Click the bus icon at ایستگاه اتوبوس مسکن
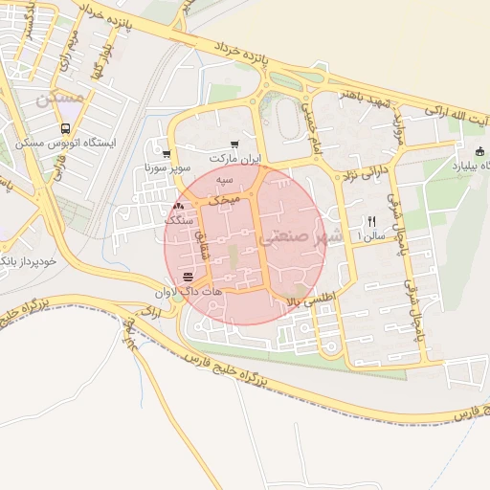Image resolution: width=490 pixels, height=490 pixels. click(64, 128)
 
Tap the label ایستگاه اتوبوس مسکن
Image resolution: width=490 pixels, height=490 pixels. click(65, 144)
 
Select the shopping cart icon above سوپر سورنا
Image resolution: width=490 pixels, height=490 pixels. click(167, 154)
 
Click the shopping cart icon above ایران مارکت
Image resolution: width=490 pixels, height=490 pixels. click(234, 144)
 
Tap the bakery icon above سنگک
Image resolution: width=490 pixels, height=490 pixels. click(180, 207)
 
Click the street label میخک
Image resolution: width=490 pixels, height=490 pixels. click(224, 195)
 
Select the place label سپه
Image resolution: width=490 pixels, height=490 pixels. click(224, 180)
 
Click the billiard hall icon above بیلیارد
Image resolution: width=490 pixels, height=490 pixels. click(479, 150)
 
